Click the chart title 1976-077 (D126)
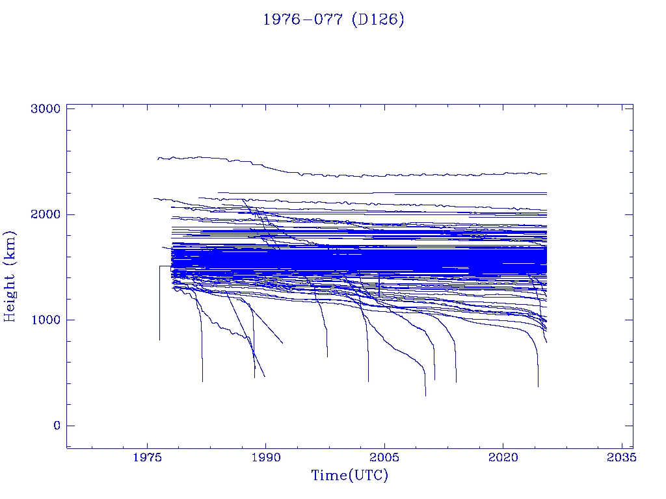click(333, 19)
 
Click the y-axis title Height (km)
click(10, 275)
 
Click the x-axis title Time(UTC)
click(349, 476)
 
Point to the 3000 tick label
click(46, 109)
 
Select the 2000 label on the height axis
click(46, 214)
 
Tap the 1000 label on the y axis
click(46, 320)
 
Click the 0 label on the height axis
click(55, 426)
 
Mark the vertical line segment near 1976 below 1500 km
click(160, 305)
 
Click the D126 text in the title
click(377, 19)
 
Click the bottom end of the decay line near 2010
click(425, 394)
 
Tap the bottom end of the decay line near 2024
click(538, 386)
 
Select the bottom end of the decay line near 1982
click(202, 381)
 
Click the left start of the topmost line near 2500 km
click(158, 158)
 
